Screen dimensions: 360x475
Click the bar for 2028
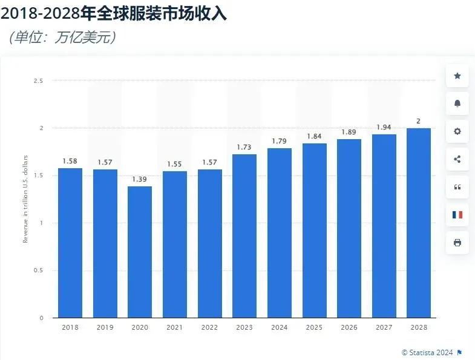[419, 223]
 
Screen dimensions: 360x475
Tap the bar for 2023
[244, 236]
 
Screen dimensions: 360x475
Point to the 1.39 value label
[140, 179]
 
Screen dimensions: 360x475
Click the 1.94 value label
[384, 127]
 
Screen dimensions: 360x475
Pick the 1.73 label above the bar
[244, 147]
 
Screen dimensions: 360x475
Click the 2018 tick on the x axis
[70, 327]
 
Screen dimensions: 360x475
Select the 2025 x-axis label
[314, 327]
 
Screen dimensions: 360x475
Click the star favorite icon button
[457, 76]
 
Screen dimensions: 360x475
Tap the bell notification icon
[457, 103]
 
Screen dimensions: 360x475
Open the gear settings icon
[457, 131]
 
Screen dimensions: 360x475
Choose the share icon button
[457, 159]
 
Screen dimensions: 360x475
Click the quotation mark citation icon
[457, 187]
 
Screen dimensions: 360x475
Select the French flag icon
[457, 215]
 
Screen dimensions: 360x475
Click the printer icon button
[457, 243]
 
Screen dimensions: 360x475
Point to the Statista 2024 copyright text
[428, 352]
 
